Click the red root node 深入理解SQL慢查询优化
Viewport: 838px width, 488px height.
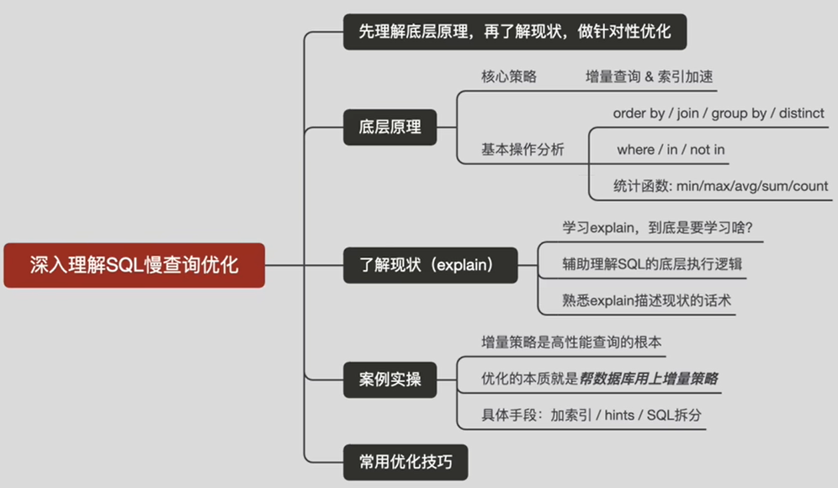click(x=135, y=266)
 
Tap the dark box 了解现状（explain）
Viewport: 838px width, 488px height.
click(x=432, y=266)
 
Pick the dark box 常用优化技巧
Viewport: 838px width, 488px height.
click(x=404, y=460)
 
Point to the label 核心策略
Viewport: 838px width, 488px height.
click(x=509, y=77)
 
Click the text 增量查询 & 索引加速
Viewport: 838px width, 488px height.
click(x=650, y=77)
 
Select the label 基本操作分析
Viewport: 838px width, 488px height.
click(x=522, y=150)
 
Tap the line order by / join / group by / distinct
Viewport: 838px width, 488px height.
click(x=719, y=113)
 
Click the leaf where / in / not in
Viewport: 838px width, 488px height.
click(x=671, y=150)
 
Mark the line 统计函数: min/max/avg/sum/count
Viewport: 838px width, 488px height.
click(x=721, y=186)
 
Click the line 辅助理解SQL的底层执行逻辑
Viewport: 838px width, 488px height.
click(x=652, y=264)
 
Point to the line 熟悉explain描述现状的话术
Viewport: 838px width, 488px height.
click(x=646, y=300)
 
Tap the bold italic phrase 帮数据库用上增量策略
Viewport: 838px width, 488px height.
click(x=649, y=379)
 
